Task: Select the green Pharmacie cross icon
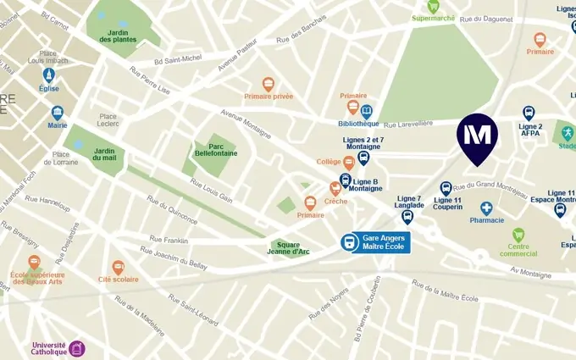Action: (486, 208)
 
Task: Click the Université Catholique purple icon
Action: (77, 348)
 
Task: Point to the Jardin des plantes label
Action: (123, 36)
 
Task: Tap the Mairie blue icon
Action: (58, 113)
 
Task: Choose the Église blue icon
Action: (49, 75)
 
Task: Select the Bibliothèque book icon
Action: (366, 111)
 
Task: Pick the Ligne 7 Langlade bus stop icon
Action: (407, 218)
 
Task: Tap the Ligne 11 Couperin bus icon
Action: (446, 188)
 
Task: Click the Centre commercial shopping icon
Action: (518, 235)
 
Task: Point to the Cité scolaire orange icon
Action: (118, 267)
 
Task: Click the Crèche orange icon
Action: (336, 188)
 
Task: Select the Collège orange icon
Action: (348, 162)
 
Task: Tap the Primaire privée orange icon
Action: (269, 84)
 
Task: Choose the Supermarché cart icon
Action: (433, 5)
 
